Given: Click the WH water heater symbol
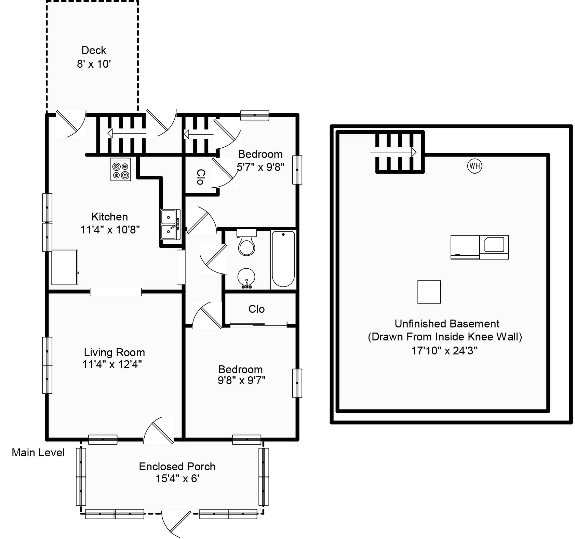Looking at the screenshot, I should tap(474, 166).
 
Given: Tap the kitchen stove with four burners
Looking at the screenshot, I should tap(121, 170).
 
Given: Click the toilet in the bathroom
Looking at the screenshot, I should tap(246, 243).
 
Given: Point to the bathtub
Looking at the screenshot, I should tap(283, 259).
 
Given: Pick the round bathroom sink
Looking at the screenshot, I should tap(246, 277).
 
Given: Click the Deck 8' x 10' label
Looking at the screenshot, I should tap(94, 57).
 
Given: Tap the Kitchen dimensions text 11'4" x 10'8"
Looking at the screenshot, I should tap(110, 230).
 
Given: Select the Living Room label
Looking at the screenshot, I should tap(114, 352).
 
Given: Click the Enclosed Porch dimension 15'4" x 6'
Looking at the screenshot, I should tap(177, 479).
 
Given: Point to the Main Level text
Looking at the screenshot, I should tap(38, 453).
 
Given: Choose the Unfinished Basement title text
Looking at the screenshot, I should tap(447, 324).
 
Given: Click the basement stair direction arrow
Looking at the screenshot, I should tap(393, 152).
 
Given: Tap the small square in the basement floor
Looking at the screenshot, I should tap(429, 292).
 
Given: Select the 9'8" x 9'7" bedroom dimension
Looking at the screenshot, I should tap(242, 380).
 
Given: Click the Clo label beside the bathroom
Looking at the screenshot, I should tap(256, 309).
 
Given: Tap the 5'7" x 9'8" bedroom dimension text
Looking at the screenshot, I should tap(260, 167).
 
